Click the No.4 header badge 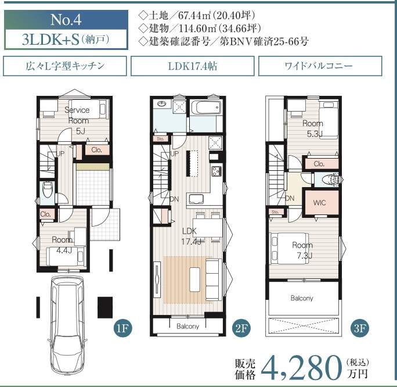pyautogui.click(x=66, y=20)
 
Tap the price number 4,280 pyautogui.click(x=301, y=368)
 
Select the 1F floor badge pyautogui.click(x=123, y=328)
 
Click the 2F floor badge pyautogui.click(x=241, y=328)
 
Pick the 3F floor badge pyautogui.click(x=359, y=328)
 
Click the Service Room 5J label pyautogui.click(x=77, y=120)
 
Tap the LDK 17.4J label pyautogui.click(x=191, y=236)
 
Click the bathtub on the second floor pyautogui.click(x=205, y=107)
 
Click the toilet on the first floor pyautogui.click(x=48, y=191)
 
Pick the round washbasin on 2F pyautogui.click(x=161, y=103)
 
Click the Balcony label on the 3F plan pyautogui.click(x=302, y=298)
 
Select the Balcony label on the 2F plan pyautogui.click(x=187, y=326)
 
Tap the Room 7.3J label pyautogui.click(x=303, y=250)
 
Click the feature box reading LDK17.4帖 pyautogui.click(x=193, y=66)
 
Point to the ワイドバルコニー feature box pyautogui.click(x=320, y=66)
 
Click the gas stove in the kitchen pyautogui.click(x=216, y=171)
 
